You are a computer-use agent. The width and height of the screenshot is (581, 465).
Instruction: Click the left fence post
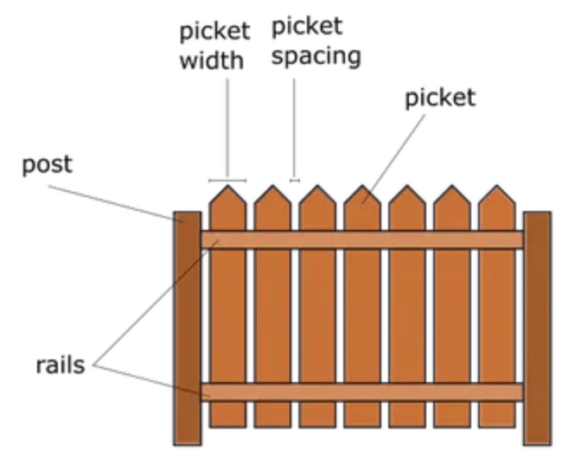[x=187, y=328]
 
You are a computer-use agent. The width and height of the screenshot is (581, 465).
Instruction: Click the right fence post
[x=537, y=328]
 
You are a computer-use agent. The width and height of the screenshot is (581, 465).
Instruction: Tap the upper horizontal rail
[x=363, y=239]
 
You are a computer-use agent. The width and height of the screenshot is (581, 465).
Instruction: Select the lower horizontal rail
[x=363, y=392]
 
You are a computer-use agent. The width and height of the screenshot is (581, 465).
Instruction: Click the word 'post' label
[x=47, y=165]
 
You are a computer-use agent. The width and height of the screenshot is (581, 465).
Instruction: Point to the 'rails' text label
[x=60, y=365]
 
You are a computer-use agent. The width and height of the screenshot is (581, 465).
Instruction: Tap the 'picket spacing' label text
[x=316, y=41]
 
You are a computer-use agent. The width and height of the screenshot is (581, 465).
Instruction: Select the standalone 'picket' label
[x=440, y=98]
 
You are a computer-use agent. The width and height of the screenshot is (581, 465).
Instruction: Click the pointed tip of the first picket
[x=227, y=187]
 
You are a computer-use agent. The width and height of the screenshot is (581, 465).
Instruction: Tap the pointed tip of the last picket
[x=497, y=187]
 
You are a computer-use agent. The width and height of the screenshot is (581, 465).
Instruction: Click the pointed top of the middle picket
[x=362, y=187]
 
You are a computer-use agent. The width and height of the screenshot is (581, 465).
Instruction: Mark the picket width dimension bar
[x=227, y=181]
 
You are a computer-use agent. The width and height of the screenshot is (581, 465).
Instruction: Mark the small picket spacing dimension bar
[x=295, y=181]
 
